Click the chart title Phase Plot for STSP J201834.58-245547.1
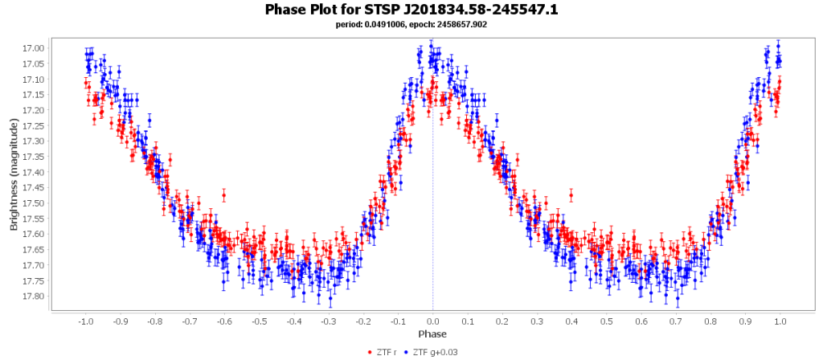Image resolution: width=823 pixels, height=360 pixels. click(411, 10)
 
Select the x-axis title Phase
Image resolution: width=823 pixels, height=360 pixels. click(432, 333)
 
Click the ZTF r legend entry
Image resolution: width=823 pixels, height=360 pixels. click(386, 352)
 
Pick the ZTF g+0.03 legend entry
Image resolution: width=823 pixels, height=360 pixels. click(434, 352)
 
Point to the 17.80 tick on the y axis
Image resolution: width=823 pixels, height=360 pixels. click(35, 296)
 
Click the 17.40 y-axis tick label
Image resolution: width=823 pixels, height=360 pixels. click(35, 172)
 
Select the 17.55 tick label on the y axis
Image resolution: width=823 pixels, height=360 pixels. click(35, 219)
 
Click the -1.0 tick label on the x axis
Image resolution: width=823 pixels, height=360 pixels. click(84, 321)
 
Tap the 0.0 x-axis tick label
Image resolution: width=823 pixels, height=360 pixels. click(432, 321)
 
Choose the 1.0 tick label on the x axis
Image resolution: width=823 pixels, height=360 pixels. click(780, 321)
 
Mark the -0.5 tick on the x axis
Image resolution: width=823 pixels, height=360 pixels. click(259, 321)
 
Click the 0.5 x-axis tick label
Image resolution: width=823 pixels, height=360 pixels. click(607, 321)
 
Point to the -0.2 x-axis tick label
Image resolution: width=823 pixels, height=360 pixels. click(363, 321)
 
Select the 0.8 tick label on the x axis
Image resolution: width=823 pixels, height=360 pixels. click(711, 321)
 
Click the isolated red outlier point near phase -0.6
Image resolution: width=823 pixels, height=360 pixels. click(224, 195)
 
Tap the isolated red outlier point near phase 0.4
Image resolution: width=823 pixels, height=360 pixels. click(571, 194)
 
